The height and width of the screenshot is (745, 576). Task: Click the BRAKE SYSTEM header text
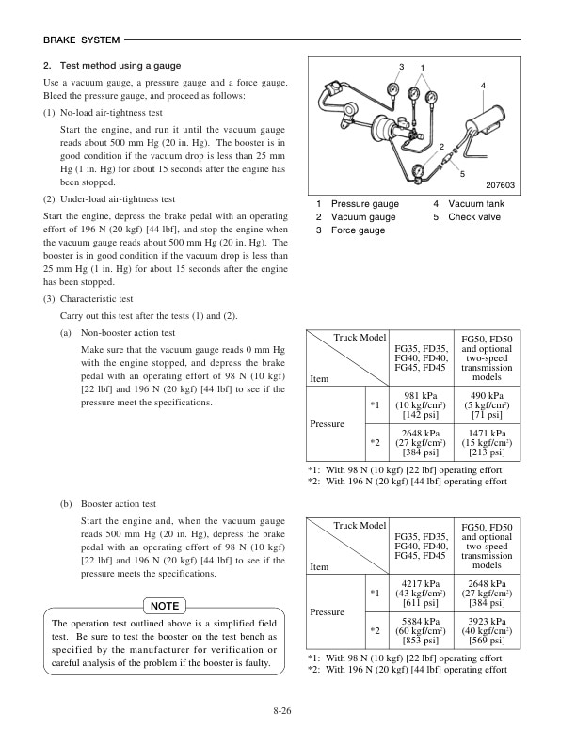[82, 40]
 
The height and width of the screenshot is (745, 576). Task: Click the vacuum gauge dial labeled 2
[431, 96]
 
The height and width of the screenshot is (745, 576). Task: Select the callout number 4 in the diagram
[483, 86]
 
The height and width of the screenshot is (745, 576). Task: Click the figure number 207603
[501, 185]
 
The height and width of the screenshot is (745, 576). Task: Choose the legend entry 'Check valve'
[474, 217]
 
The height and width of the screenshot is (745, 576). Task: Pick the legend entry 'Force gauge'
[358, 230]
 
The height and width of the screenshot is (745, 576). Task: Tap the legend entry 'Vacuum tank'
[475, 204]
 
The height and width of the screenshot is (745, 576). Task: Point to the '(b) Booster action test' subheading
[109, 504]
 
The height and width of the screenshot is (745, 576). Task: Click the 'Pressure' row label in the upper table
[328, 424]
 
